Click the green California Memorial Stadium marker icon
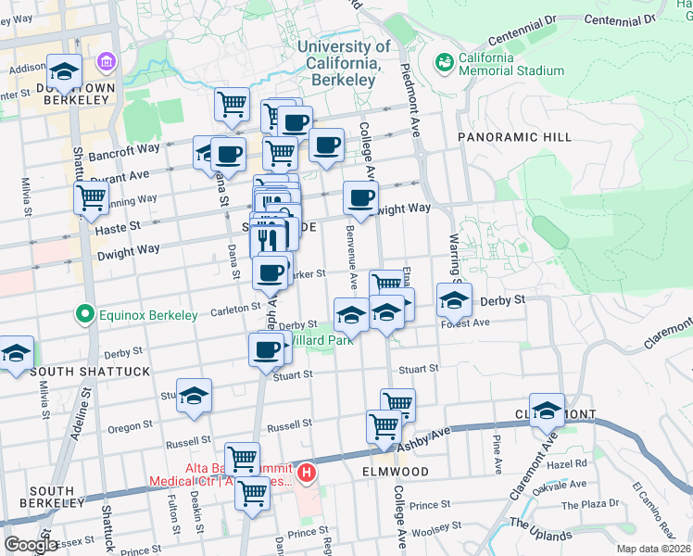(x=446, y=63)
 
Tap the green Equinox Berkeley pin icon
(x=86, y=315)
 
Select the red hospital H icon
(x=307, y=474)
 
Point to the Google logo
(x=31, y=545)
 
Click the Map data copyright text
(x=653, y=548)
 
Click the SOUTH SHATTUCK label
(x=76, y=372)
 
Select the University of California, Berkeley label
(x=344, y=63)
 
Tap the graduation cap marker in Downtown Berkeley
(x=64, y=70)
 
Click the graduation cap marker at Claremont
(x=548, y=410)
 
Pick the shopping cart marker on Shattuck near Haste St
(x=91, y=196)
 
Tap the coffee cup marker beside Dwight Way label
(x=360, y=196)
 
